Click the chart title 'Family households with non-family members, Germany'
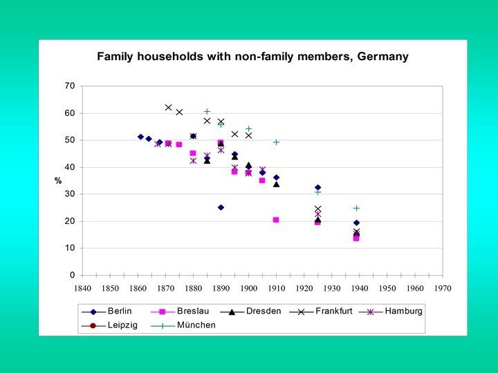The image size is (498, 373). pyautogui.click(x=252, y=57)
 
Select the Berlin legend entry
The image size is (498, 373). pyautogui.click(x=119, y=311)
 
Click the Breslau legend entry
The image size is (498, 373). pyautogui.click(x=192, y=311)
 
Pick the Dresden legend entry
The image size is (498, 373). pyautogui.click(x=264, y=311)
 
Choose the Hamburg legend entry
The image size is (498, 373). pyautogui.click(x=403, y=311)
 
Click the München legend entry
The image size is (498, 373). pyautogui.click(x=196, y=325)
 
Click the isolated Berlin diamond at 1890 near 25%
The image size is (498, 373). pyautogui.click(x=221, y=207)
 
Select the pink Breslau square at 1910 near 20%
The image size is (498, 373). pyautogui.click(x=276, y=220)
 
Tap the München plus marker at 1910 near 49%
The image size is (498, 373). pyautogui.click(x=276, y=142)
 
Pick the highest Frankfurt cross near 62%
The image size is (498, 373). pyautogui.click(x=168, y=108)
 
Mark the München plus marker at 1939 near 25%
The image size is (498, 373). pyautogui.click(x=356, y=208)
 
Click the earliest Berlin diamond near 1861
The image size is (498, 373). pyautogui.click(x=140, y=137)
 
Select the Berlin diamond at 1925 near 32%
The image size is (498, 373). pyautogui.click(x=317, y=187)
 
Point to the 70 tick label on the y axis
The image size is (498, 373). pyautogui.click(x=69, y=86)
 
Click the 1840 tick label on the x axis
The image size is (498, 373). pyautogui.click(x=82, y=288)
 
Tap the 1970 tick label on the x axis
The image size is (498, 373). pyautogui.click(x=443, y=288)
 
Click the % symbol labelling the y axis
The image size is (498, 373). pyautogui.click(x=58, y=181)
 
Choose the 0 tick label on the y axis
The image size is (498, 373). pyautogui.click(x=72, y=276)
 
